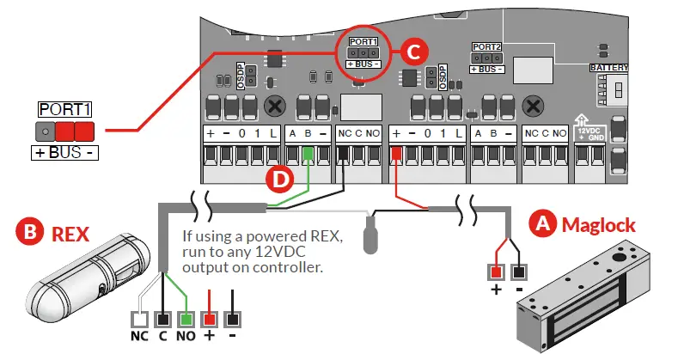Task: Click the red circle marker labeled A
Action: coord(541,225)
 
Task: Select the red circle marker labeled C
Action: coord(412,52)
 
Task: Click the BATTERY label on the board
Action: coord(608,67)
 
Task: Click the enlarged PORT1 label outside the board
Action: coord(65,110)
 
